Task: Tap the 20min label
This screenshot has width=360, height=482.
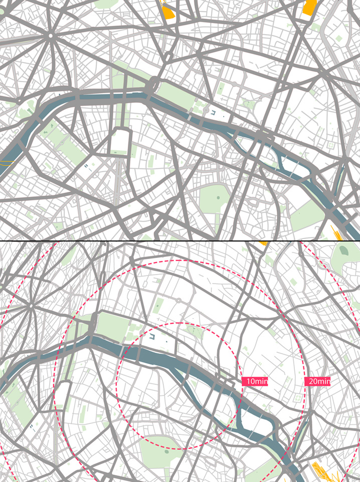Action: click(318, 381)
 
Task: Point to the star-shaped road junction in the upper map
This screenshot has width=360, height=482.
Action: click(51, 36)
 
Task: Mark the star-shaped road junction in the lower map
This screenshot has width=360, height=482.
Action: click(31, 305)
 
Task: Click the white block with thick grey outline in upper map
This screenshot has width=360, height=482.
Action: click(120, 142)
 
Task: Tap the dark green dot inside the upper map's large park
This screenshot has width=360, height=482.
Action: click(218, 198)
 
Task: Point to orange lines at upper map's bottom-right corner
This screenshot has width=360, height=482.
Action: click(335, 232)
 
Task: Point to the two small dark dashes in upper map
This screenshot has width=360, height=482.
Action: click(88, 166)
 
